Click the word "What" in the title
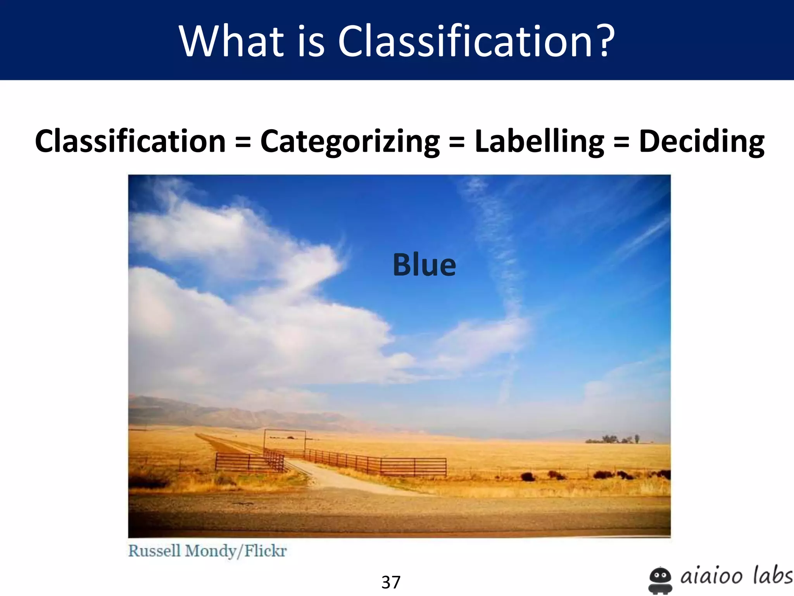tap(231, 41)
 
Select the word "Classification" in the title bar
tap(464, 41)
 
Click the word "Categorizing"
tap(350, 142)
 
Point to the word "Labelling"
tap(539, 142)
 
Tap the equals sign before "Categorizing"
tap(243, 142)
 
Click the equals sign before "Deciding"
tap(621, 142)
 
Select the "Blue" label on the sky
tap(425, 265)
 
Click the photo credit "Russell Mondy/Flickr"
tap(207, 551)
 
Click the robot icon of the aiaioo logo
tap(660, 580)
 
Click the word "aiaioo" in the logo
tap(711, 576)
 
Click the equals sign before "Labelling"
tap(457, 142)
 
